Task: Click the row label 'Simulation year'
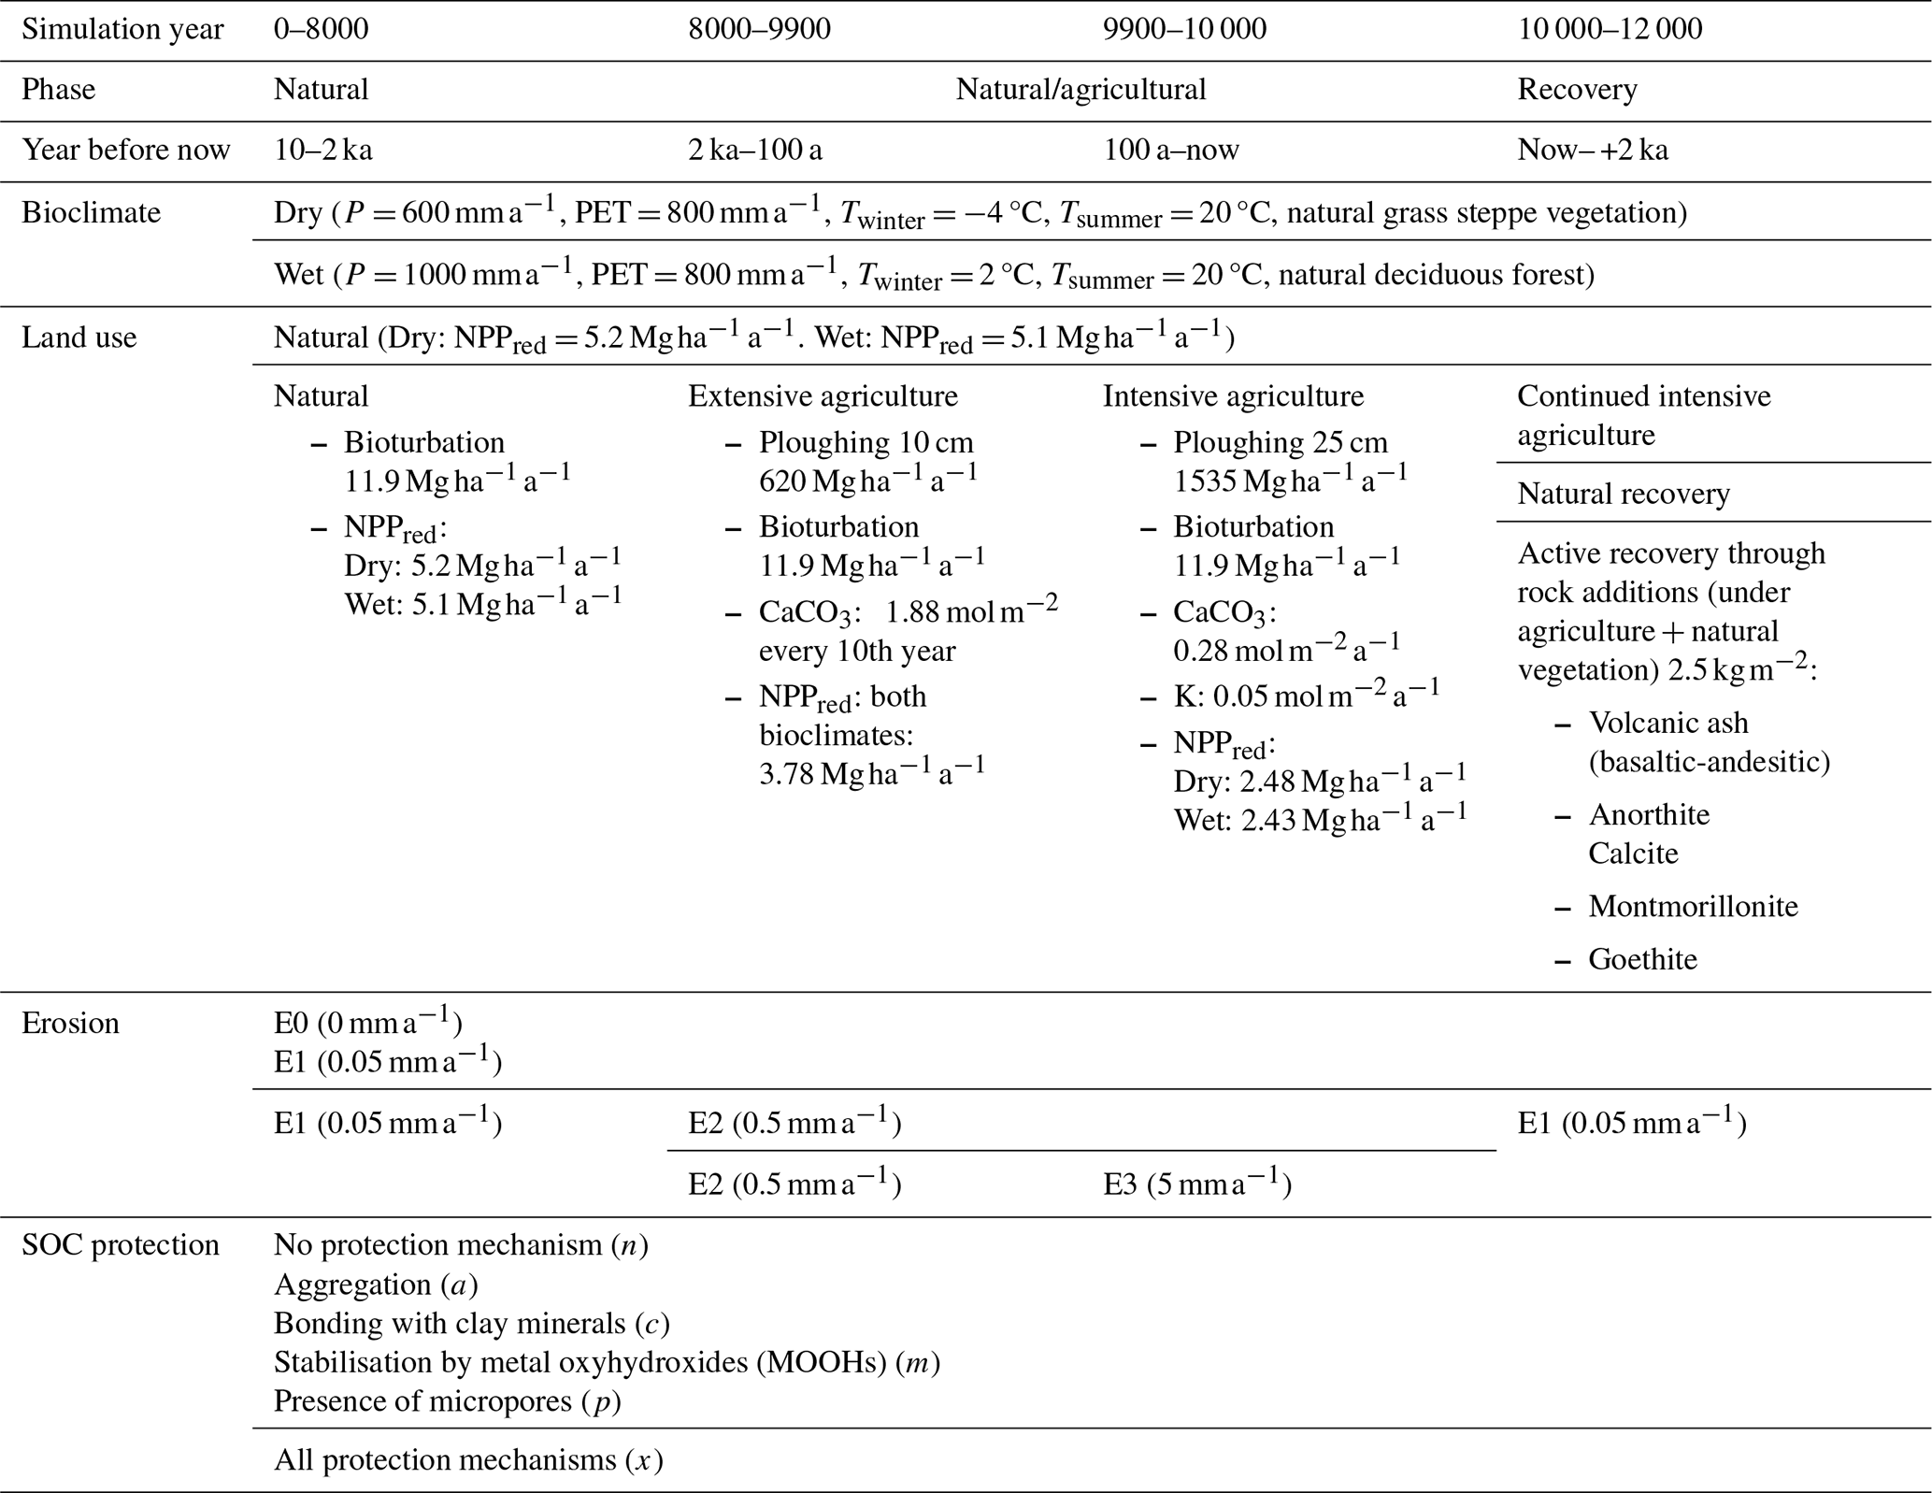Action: point(122,29)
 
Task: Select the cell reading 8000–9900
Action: point(759,29)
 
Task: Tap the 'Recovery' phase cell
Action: point(1577,90)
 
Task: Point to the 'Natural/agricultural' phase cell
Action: point(1080,90)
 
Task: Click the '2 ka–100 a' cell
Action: point(755,151)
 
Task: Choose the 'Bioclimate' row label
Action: point(91,212)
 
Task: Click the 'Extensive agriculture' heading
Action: point(823,396)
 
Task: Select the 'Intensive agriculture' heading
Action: point(1233,396)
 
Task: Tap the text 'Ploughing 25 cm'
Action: point(1281,442)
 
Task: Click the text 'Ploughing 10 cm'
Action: point(866,442)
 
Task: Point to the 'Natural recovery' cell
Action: point(1624,494)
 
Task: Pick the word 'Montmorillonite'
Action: point(1693,906)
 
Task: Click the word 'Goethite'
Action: point(1642,959)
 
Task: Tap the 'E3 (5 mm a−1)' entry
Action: point(1196,1184)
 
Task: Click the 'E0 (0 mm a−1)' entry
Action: point(367,1023)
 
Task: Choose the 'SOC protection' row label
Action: point(120,1245)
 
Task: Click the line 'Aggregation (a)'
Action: point(376,1285)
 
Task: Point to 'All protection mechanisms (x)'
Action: point(468,1459)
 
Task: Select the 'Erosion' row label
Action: point(70,1023)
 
